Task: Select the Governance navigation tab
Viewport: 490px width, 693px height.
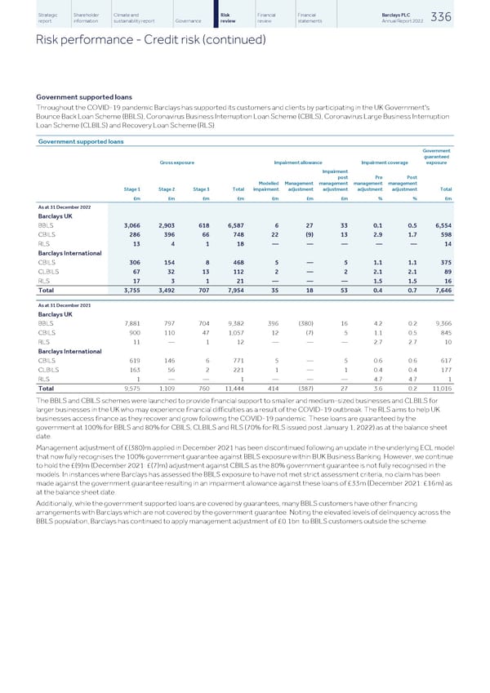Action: (x=188, y=21)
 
